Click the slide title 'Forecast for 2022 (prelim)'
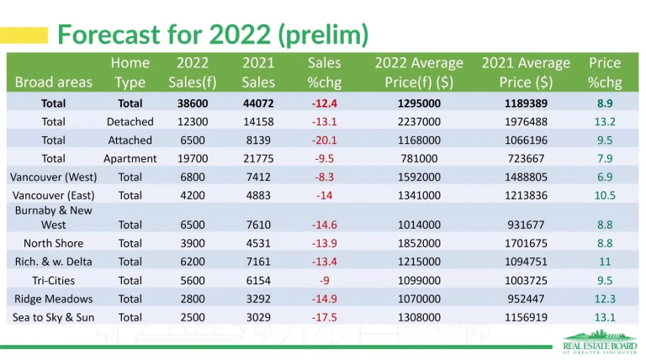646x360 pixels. [x=212, y=34]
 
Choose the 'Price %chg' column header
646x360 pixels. [x=604, y=72]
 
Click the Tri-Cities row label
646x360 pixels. [x=53, y=280]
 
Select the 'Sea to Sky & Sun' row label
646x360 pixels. [x=53, y=317]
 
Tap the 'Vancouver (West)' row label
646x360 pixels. [x=53, y=177]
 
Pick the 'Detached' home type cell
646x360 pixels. [x=130, y=122]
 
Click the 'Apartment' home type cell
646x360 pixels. [x=130, y=158]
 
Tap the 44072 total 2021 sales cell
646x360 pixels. [x=257, y=103]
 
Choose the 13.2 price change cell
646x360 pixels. [x=604, y=122]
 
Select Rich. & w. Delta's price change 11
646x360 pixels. [x=604, y=262]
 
